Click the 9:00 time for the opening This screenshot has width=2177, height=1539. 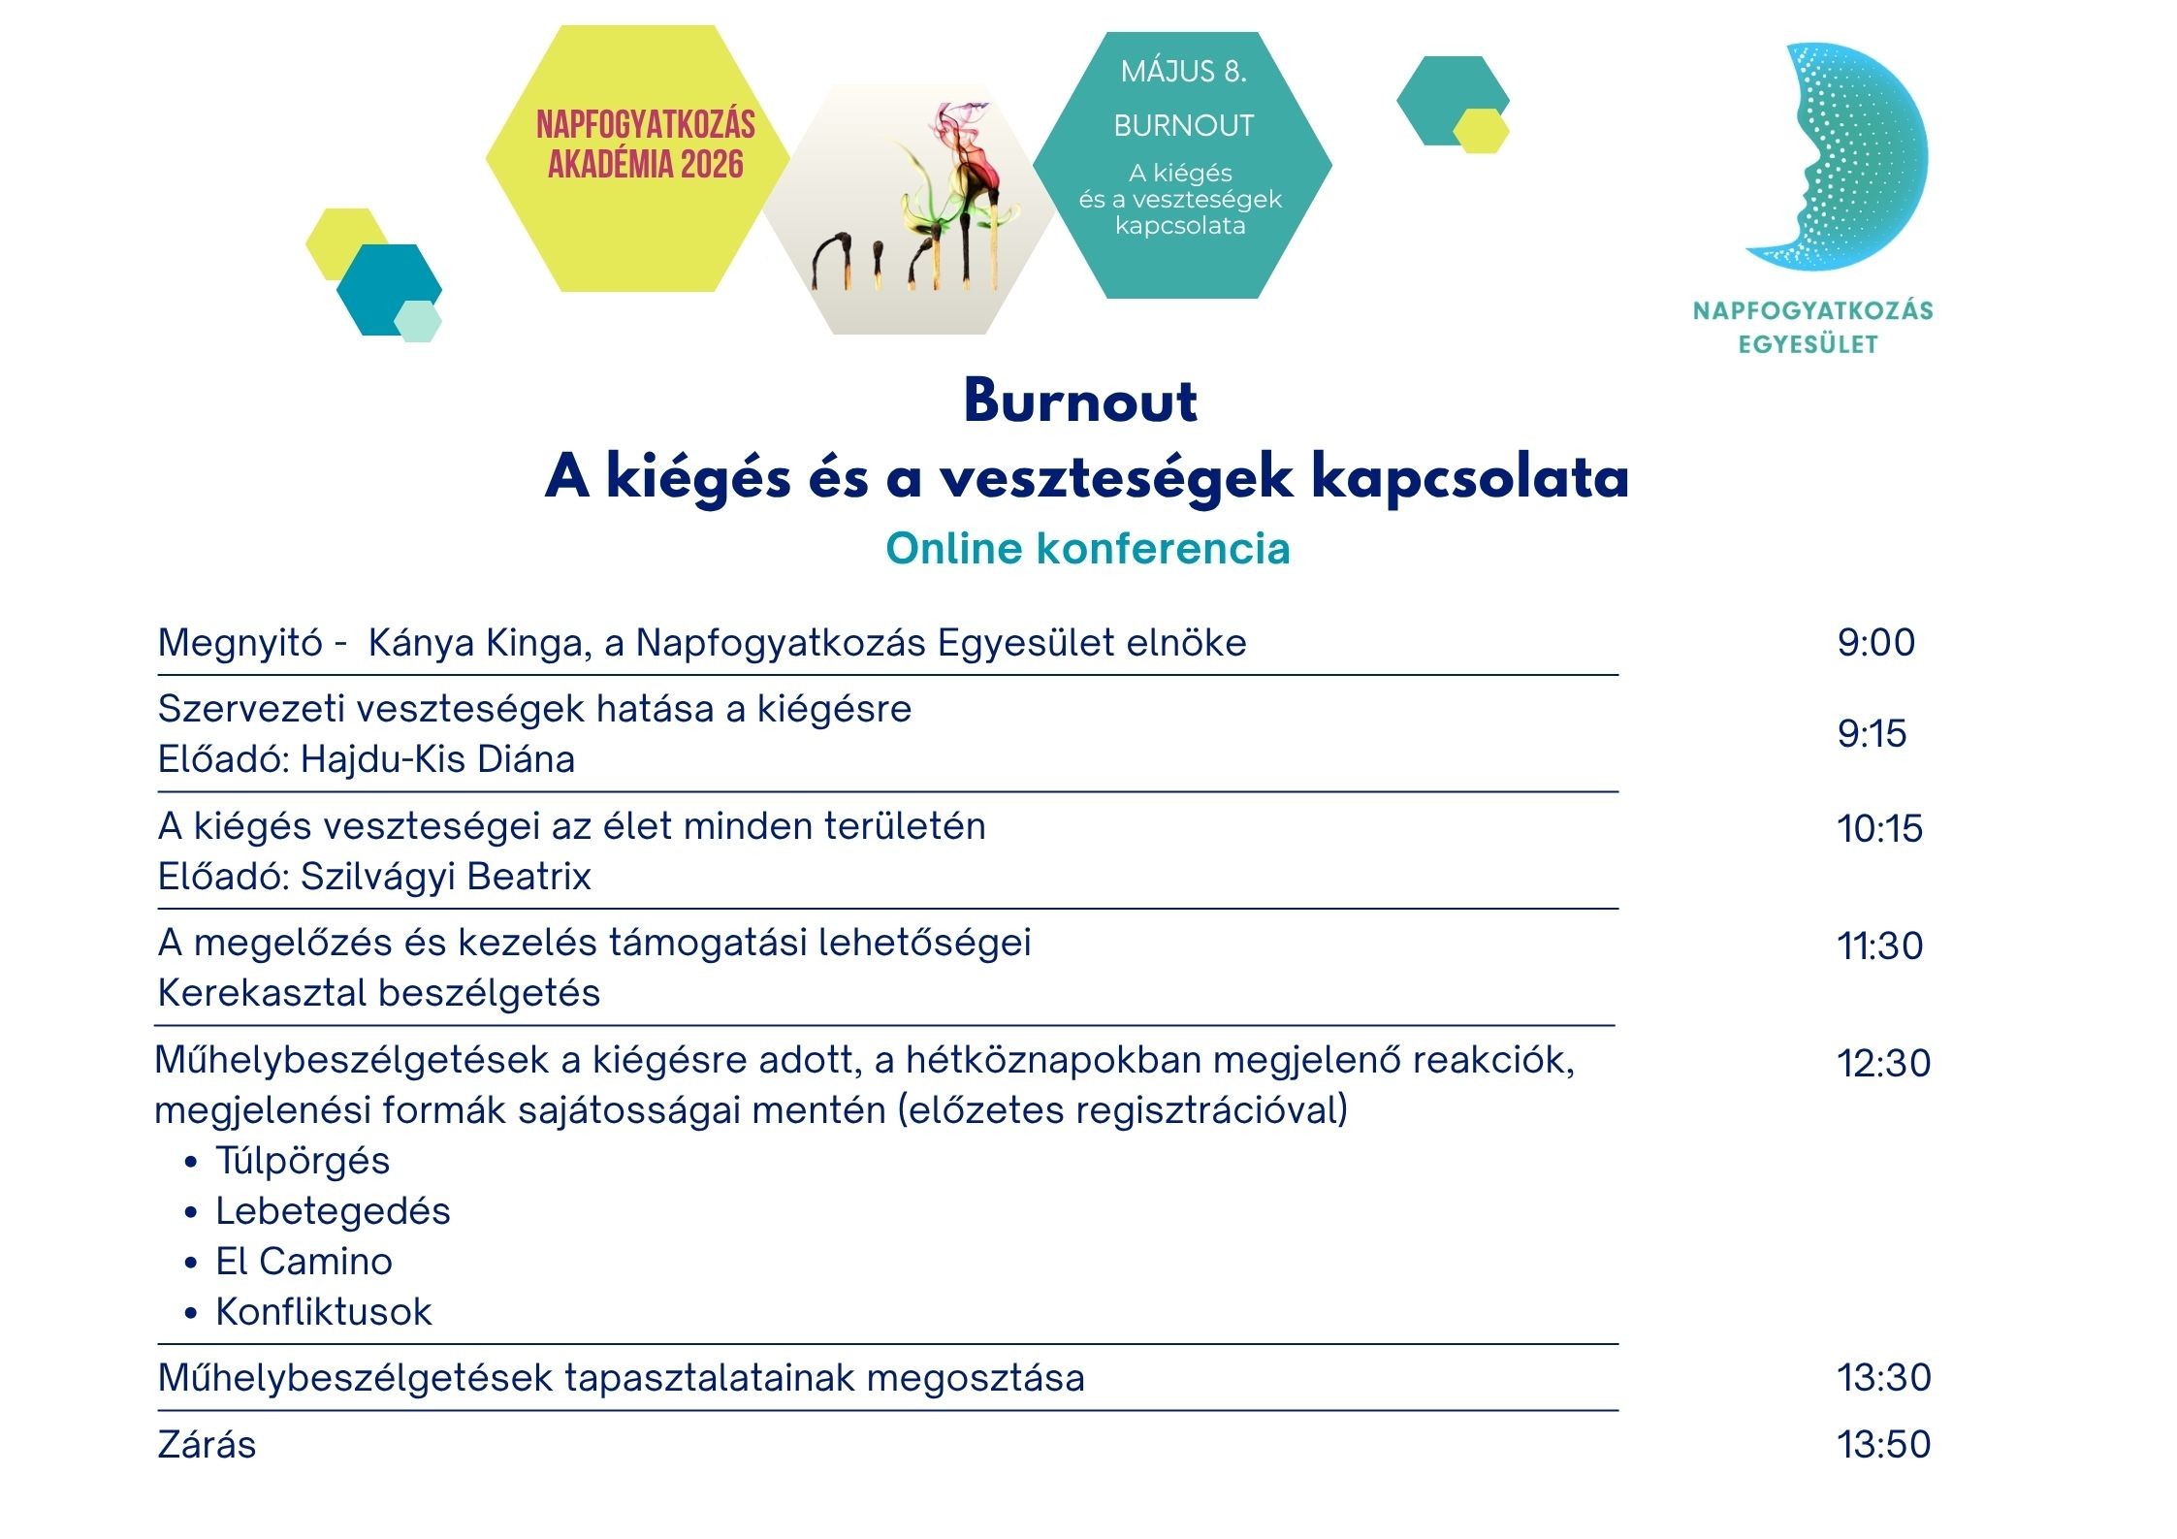pyautogui.click(x=1875, y=643)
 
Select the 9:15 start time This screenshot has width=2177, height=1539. pyautogui.click(x=1872, y=734)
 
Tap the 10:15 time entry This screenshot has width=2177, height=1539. pyautogui.click(x=1879, y=829)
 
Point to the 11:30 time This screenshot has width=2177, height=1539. pyautogui.click(x=1879, y=946)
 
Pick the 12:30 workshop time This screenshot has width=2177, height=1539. pyautogui.click(x=1883, y=1063)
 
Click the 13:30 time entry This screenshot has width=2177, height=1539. pyautogui.click(x=1883, y=1377)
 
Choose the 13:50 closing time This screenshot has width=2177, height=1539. pyautogui.click(x=1883, y=1444)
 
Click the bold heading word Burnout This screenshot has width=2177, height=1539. pyautogui.click(x=1080, y=401)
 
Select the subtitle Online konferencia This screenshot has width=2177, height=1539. pyautogui.click(x=1087, y=549)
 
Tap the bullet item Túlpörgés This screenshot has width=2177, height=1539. pyautogui.click(x=303, y=1161)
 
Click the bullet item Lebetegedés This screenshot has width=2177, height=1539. pyautogui.click(x=333, y=1211)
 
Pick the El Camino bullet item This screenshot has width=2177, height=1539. pyautogui.click(x=304, y=1262)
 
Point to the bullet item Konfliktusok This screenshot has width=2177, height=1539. pyautogui.click(x=324, y=1312)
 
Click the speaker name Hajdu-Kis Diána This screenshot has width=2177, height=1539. pyautogui.click(x=437, y=759)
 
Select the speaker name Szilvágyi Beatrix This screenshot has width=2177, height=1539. pyautogui.click(x=446, y=877)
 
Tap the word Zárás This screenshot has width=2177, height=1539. pyautogui.click(x=207, y=1445)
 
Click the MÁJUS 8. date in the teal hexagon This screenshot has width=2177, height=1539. pyautogui.click(x=1183, y=72)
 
